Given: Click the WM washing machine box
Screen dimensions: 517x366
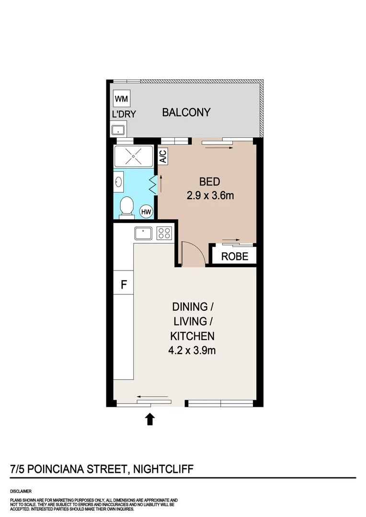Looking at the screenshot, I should click(122, 99).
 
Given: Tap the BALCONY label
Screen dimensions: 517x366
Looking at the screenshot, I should click(186, 112).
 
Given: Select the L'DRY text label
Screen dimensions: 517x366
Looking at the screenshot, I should click(124, 114).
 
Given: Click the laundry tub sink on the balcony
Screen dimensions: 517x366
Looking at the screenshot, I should click(118, 130).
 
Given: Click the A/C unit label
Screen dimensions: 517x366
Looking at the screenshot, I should click(162, 157).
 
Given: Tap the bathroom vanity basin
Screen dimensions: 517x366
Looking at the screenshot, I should click(119, 182).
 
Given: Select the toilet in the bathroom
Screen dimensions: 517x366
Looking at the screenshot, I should click(126, 207).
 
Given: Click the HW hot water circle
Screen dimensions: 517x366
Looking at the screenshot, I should click(146, 211).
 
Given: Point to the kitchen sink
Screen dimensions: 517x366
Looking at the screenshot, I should click(144, 233).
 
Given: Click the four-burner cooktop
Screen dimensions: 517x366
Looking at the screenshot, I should click(164, 233).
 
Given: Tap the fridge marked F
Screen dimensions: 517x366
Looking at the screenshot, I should click(124, 285).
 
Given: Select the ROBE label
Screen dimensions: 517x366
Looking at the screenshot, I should click(235, 257).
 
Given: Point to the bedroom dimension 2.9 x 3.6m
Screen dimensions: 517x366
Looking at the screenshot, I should click(209, 195).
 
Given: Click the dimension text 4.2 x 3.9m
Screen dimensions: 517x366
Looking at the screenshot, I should click(192, 350).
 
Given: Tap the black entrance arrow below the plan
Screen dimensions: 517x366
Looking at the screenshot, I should click(150, 419).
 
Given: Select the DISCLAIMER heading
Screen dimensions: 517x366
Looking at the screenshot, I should click(21, 491).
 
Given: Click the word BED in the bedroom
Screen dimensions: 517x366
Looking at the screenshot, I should click(209, 182).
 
